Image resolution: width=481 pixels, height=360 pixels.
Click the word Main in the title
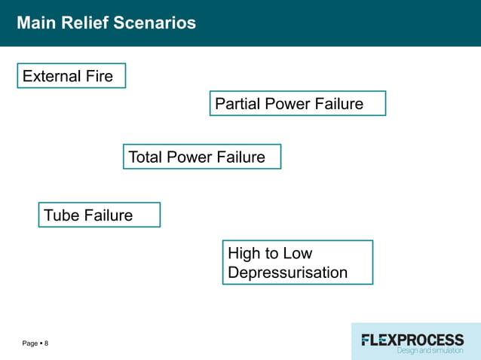tap(34, 23)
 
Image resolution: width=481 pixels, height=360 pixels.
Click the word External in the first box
tap(51, 76)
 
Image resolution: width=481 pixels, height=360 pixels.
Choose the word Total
tap(146, 157)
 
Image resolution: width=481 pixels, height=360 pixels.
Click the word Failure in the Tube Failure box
tap(108, 215)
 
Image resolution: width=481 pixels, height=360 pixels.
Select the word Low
tap(297, 254)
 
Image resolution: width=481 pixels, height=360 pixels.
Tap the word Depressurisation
tap(287, 273)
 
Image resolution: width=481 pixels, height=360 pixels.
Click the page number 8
tap(46, 343)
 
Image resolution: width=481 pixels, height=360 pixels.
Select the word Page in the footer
tap(30, 343)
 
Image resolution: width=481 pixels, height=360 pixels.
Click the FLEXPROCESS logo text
tap(412, 339)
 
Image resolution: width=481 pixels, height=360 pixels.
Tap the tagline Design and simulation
tap(430, 350)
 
